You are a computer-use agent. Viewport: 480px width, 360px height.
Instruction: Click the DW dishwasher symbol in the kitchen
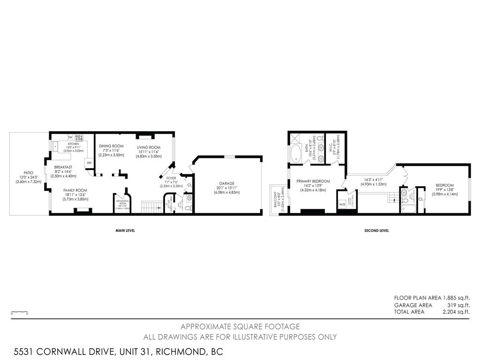(x=70, y=137)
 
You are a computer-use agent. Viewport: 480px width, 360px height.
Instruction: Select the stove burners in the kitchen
(x=79, y=137)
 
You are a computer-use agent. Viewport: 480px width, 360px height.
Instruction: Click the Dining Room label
(x=111, y=146)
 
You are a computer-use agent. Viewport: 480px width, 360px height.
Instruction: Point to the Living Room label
(x=149, y=147)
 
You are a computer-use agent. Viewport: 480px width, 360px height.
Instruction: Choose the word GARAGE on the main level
(x=226, y=183)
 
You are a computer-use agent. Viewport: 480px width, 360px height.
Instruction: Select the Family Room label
(x=75, y=190)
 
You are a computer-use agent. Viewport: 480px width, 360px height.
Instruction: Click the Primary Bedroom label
(x=313, y=181)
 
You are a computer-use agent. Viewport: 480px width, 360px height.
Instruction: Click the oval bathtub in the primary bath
(x=296, y=154)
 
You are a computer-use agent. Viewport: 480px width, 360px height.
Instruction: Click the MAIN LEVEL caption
(x=125, y=231)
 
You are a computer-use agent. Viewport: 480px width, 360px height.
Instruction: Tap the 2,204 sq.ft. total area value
(x=456, y=312)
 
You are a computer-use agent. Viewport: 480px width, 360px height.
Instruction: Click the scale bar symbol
(x=20, y=312)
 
